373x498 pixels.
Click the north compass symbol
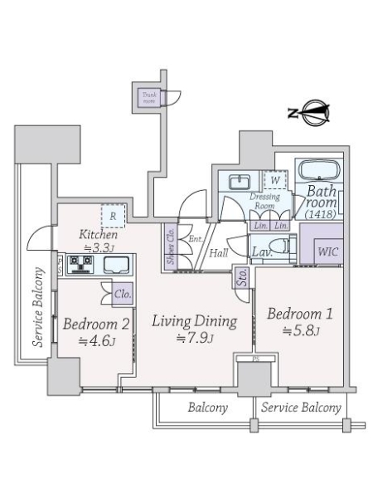tap(313, 114)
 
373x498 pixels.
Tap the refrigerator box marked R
tap(111, 216)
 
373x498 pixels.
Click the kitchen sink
tap(114, 266)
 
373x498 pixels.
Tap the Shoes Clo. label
tap(169, 247)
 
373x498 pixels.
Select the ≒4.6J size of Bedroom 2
tap(85, 339)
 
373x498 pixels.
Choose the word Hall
tap(219, 254)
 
